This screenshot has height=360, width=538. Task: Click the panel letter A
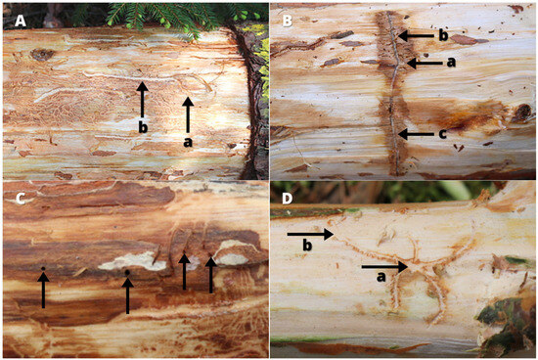(21, 21)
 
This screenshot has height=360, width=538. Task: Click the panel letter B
(287, 21)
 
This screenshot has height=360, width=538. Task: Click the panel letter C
(21, 199)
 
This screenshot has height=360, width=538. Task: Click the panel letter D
(288, 199)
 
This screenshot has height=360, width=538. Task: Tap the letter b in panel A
(143, 127)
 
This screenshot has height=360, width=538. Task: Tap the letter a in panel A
(188, 142)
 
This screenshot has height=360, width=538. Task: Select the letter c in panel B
(442, 134)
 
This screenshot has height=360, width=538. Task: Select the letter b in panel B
(443, 35)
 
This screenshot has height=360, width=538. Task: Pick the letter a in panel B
(451, 62)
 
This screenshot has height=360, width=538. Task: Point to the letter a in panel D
(381, 277)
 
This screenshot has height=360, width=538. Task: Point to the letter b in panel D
(307, 245)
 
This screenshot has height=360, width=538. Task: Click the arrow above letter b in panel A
(142, 100)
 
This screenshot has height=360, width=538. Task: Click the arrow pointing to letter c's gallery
(416, 134)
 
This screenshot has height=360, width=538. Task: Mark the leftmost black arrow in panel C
(43, 290)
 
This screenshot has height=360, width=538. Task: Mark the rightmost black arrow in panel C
(210, 275)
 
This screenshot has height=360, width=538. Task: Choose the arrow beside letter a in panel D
(384, 266)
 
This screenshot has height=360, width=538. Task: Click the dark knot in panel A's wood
(42, 54)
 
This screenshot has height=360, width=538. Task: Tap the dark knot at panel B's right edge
(523, 112)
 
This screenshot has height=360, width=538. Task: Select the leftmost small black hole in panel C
(43, 268)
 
